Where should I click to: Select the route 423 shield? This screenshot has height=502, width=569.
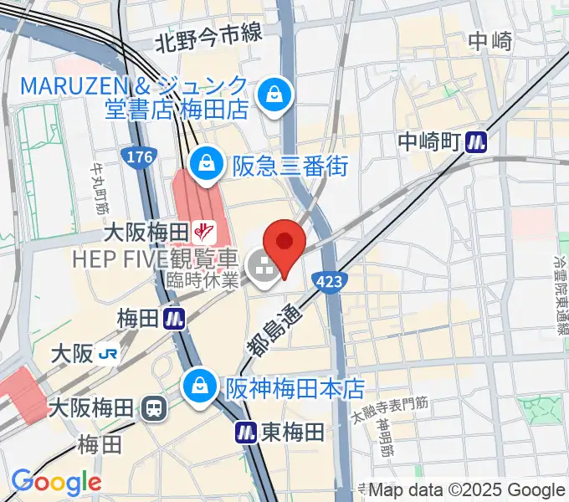pyautogui.click(x=329, y=282)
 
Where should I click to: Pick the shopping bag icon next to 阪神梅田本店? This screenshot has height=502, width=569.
pyautogui.click(x=201, y=387)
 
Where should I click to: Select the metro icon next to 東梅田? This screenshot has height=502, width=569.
pyautogui.click(x=246, y=432)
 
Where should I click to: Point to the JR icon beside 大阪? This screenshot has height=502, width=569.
pyautogui.click(x=107, y=354)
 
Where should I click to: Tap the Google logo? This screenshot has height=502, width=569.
pyautogui.click(x=55, y=481)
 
